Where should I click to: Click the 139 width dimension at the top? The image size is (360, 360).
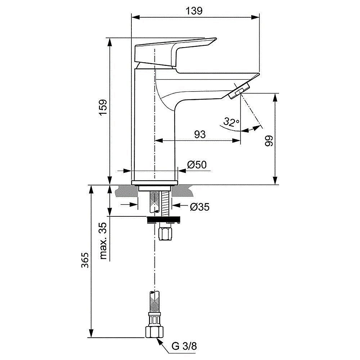[x=195, y=10]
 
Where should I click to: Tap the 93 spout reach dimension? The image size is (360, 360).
[x=200, y=134]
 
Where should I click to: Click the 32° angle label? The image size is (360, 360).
[x=231, y=122]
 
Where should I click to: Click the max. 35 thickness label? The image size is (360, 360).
[x=103, y=240]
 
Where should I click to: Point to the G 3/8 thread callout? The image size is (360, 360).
[x=184, y=347]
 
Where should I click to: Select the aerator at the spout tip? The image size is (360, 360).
[x=239, y=90]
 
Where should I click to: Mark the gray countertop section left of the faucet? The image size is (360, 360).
[x=126, y=192]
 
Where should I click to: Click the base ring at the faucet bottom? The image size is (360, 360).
[x=155, y=183]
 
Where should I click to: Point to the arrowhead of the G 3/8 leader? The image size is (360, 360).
[x=159, y=339]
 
